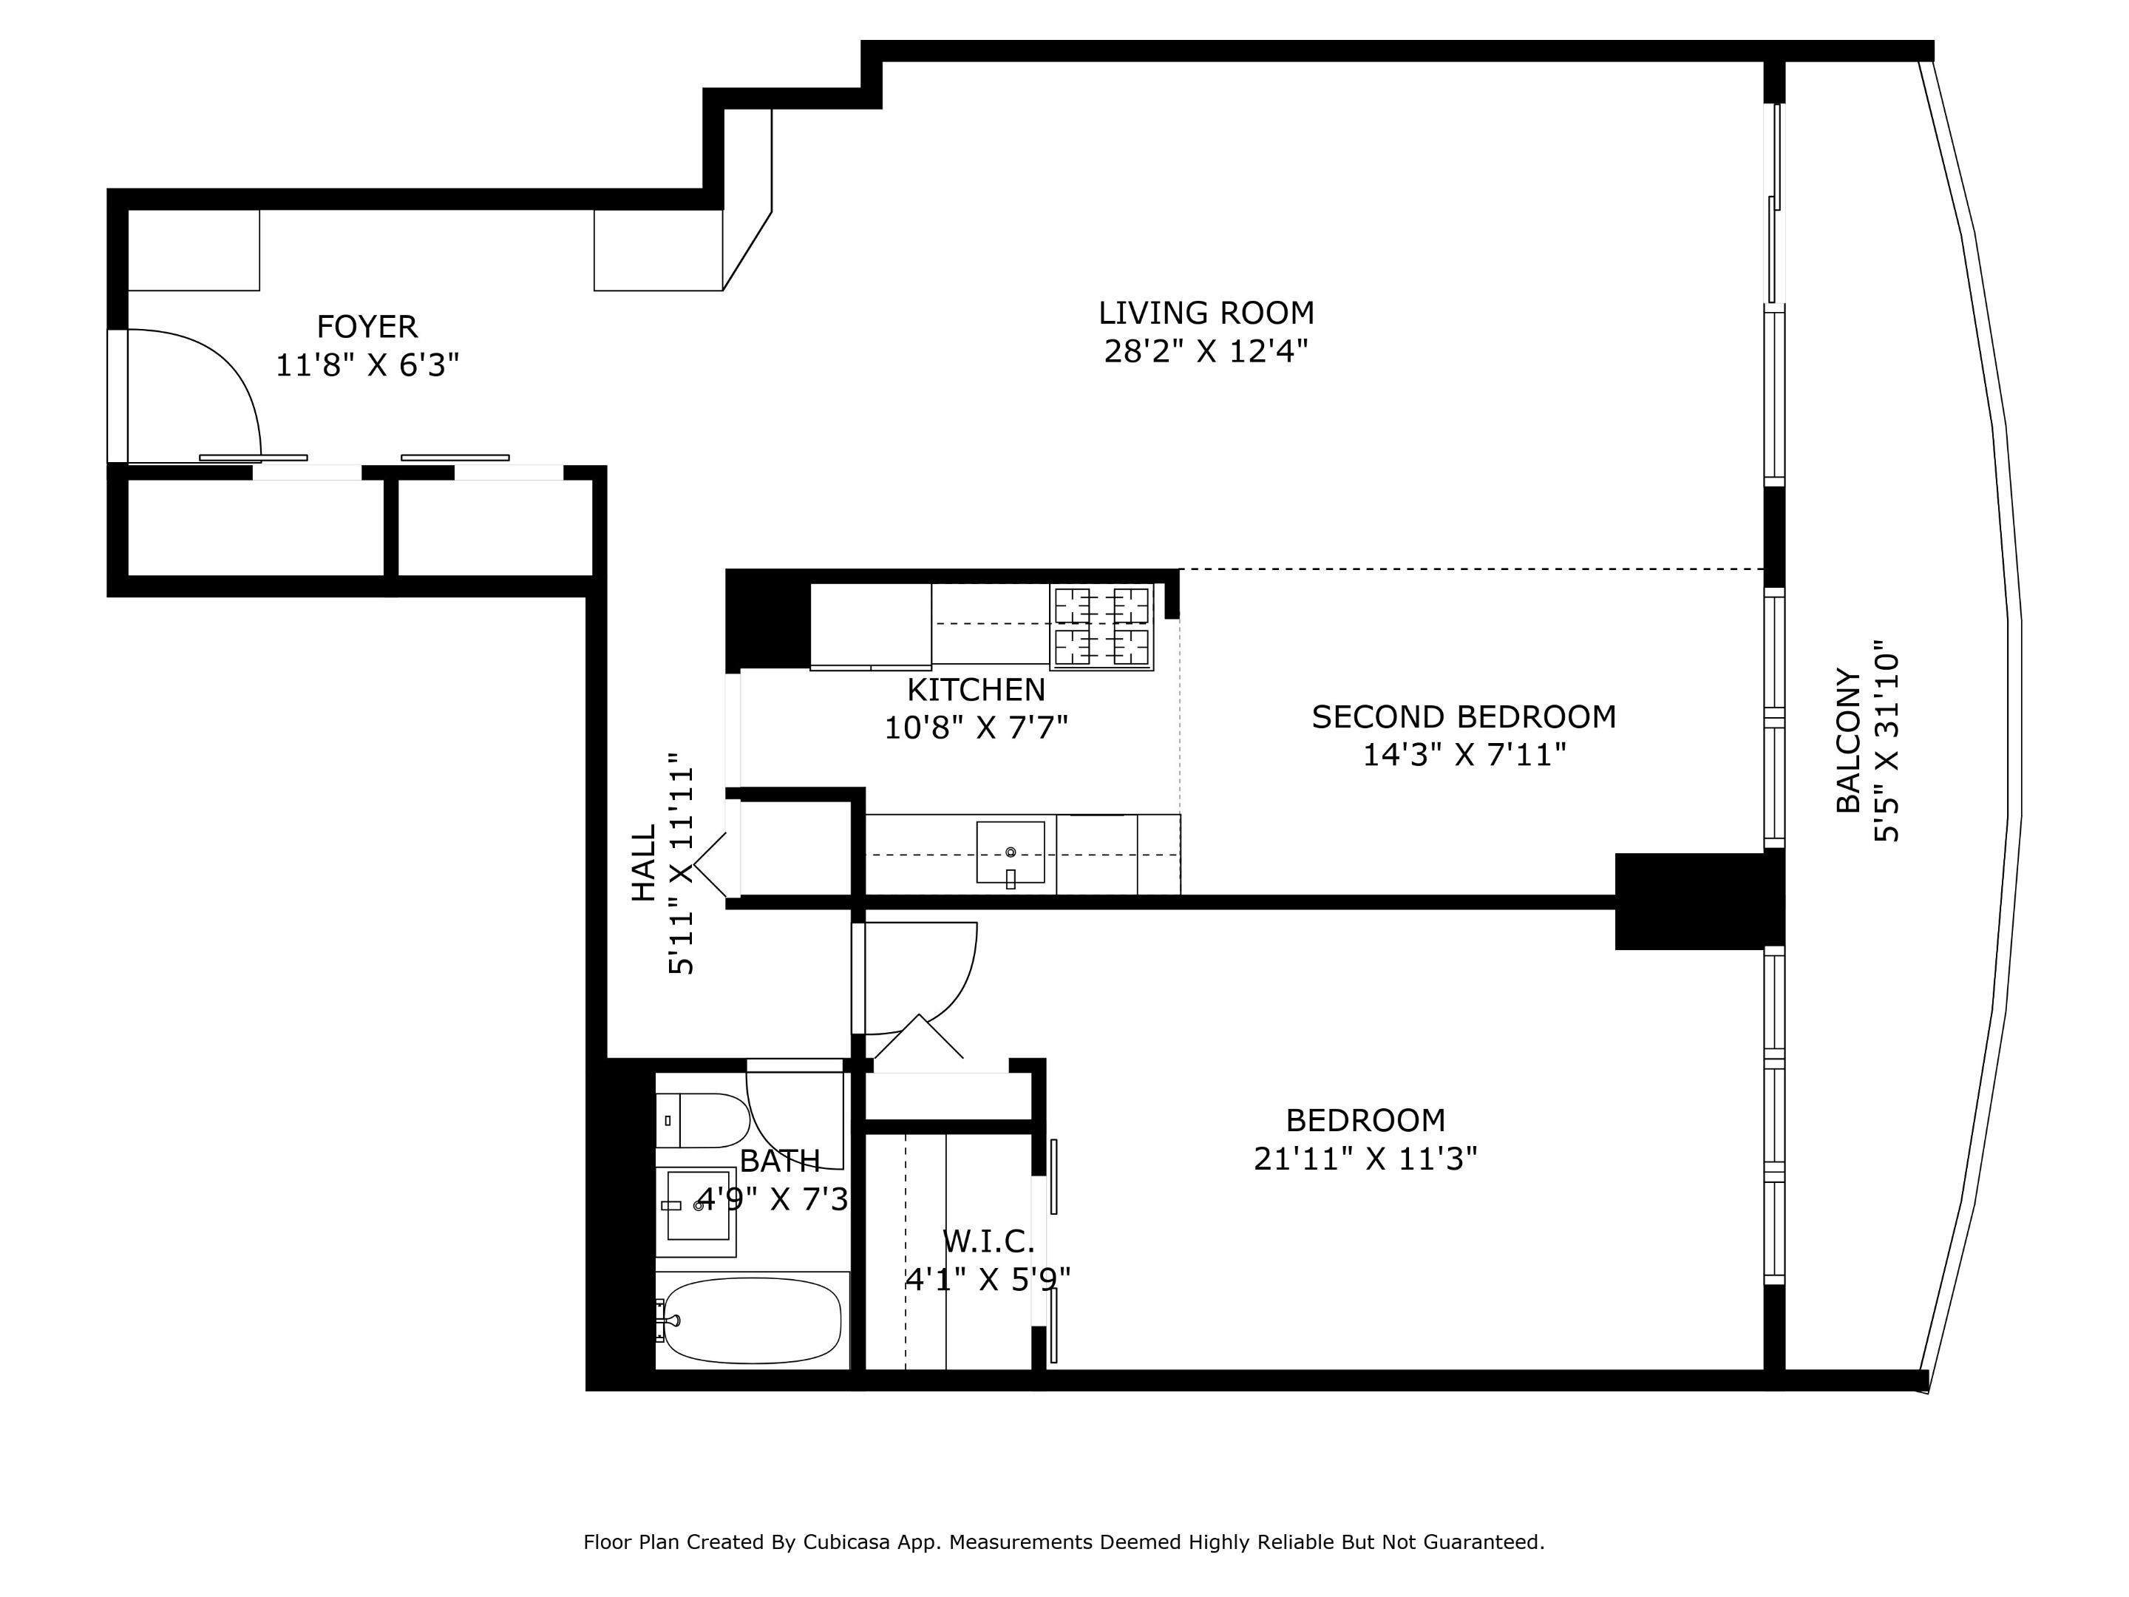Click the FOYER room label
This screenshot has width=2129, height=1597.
pyautogui.click(x=367, y=328)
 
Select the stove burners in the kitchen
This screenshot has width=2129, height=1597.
pyautogui.click(x=1101, y=627)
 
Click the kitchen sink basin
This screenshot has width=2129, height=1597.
pyautogui.click(x=1010, y=852)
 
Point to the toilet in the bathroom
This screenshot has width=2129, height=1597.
pyautogui.click(x=705, y=1121)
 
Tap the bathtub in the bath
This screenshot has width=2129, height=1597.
pyautogui.click(x=753, y=1320)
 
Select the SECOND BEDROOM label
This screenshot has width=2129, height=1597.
pyautogui.click(x=1463, y=717)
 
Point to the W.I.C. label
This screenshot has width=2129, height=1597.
pyautogui.click(x=988, y=1242)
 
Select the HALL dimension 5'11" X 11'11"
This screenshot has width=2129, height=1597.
pyautogui.click(x=681, y=864)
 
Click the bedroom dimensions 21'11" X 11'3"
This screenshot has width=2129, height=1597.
pyautogui.click(x=1365, y=1158)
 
